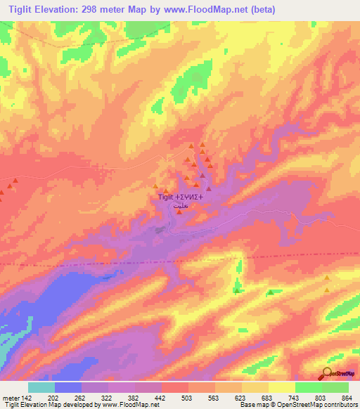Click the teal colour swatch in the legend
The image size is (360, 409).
(41, 387)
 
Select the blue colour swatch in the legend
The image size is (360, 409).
(68, 387)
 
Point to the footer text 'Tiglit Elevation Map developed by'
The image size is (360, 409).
(49, 405)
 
